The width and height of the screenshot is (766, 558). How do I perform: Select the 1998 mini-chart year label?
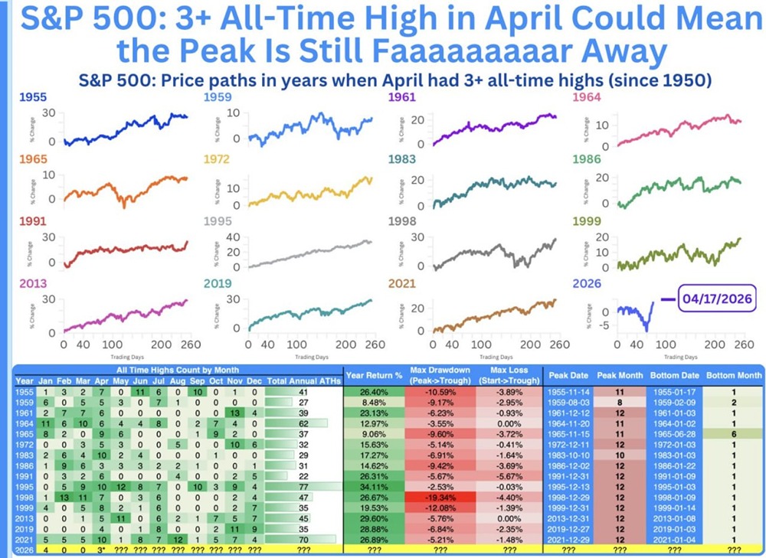[404, 223]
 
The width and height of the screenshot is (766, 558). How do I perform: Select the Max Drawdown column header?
[440, 375]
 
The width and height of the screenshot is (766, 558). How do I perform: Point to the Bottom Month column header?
[733, 376]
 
